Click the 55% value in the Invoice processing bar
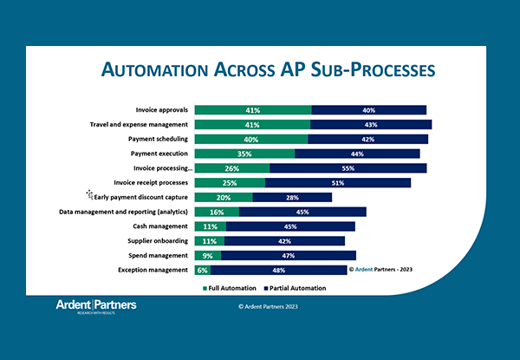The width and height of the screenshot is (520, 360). pos(348,168)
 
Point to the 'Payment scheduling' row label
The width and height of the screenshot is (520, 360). pos(155,139)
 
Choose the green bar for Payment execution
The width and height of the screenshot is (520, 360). pos(244,154)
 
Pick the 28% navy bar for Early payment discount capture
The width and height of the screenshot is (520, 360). pos(292,197)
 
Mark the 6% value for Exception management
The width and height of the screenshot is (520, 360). pos(202,270)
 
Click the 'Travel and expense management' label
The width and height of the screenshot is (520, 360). pos(139,125)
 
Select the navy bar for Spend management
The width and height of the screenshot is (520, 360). pos(289,255)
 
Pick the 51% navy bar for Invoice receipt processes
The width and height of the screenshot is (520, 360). pos(337,183)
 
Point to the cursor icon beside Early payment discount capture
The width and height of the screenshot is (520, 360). pos(88,195)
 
